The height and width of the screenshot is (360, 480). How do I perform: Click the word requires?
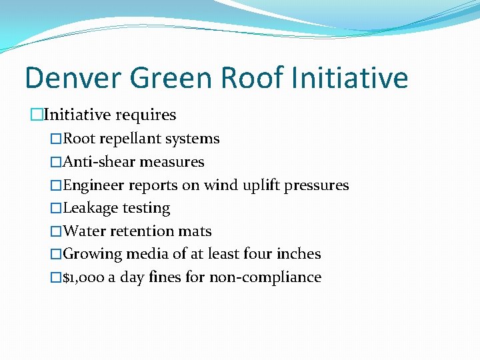click(x=145, y=115)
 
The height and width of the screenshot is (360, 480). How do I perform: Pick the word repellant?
click(x=131, y=139)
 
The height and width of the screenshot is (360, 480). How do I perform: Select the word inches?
click(x=298, y=254)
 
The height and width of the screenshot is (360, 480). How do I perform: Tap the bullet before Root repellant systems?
click(x=56, y=139)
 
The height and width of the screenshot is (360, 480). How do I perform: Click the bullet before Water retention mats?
click(x=56, y=231)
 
